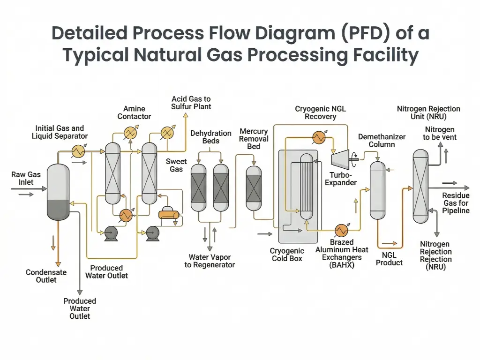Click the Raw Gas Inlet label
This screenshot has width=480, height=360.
(x=26, y=178)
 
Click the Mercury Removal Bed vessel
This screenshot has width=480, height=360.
(x=254, y=187)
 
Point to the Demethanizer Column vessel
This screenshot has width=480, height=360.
(x=377, y=190)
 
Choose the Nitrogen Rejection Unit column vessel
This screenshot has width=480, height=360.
(x=420, y=186)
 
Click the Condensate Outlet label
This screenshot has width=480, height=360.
(x=46, y=276)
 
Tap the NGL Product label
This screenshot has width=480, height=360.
(x=389, y=259)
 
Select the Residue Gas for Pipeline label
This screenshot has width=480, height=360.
(x=456, y=203)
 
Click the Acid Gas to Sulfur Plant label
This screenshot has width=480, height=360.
(x=191, y=103)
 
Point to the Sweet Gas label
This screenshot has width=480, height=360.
(x=176, y=165)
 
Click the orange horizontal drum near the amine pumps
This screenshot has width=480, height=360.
(x=169, y=214)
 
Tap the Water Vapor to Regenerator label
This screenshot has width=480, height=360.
(x=210, y=261)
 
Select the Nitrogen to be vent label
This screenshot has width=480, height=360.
(x=439, y=133)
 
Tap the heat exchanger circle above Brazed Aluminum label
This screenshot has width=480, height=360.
(x=341, y=230)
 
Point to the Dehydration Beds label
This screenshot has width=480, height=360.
(x=211, y=137)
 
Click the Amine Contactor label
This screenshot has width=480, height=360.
(x=134, y=112)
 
